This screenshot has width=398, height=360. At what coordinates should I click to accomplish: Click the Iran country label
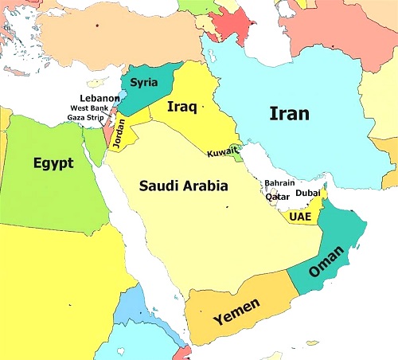click(289, 114)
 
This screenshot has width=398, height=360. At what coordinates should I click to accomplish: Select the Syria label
click(144, 82)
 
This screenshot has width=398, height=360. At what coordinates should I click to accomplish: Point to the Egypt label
click(53, 163)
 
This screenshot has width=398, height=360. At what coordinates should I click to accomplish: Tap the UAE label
click(300, 216)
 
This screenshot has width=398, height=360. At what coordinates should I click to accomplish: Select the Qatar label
click(276, 197)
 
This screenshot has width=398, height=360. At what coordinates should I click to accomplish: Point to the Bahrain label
click(279, 183)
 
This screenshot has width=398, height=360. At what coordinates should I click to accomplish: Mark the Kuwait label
click(222, 153)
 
